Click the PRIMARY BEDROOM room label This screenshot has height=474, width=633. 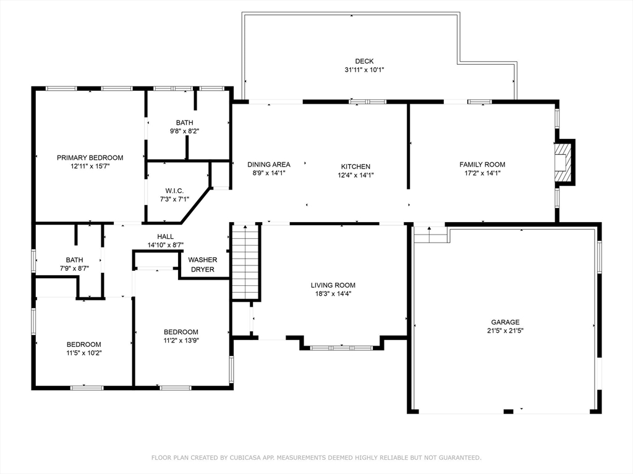click(90, 157)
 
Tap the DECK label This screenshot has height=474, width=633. click(364, 61)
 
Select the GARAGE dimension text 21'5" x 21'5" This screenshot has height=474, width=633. click(505, 331)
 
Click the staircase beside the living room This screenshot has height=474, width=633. click(246, 262)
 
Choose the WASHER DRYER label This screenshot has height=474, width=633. click(202, 264)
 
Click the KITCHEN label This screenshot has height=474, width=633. click(355, 167)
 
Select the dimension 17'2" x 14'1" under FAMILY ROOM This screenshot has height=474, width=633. click(482, 173)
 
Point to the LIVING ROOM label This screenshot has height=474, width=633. click(333, 285)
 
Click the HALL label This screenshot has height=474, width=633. click(165, 236)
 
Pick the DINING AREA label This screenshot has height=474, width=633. click(268, 164)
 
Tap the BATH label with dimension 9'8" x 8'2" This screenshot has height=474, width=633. click(184, 123)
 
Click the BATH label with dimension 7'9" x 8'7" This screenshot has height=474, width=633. click(75, 260)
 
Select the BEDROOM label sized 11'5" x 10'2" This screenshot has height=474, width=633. click(83, 344)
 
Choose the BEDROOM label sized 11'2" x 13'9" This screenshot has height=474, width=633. click(181, 332)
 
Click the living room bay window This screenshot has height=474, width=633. click(341, 347)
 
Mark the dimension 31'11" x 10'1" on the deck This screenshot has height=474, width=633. click(364, 70)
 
